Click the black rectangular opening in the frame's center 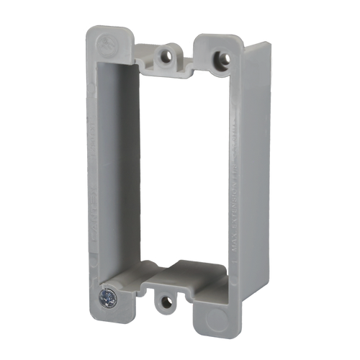(184, 166)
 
